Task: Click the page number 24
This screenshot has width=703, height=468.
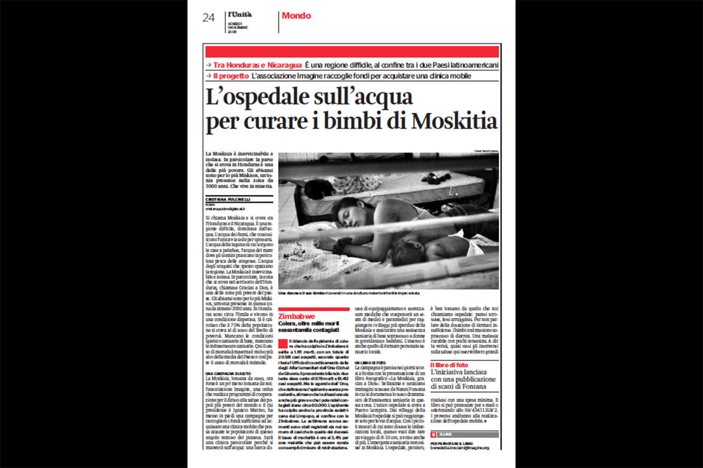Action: (x=208, y=18)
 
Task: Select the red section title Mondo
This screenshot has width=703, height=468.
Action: (x=296, y=16)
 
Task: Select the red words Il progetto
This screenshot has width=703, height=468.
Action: (x=231, y=76)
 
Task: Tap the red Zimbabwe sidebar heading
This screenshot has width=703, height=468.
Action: (x=297, y=317)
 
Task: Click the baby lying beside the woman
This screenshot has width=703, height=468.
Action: (x=417, y=250)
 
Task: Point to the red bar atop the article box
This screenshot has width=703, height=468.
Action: (x=352, y=52)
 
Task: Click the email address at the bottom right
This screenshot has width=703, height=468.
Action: (x=459, y=448)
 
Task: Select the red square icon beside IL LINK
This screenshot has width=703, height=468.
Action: (x=433, y=435)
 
